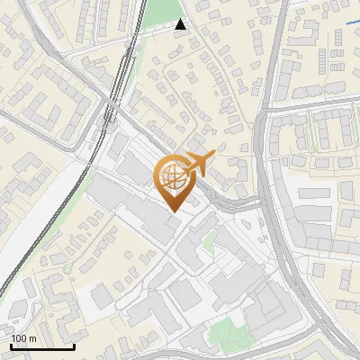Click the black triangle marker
coord(181,24)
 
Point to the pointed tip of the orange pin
coord(172,212)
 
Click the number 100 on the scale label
coord(20,339)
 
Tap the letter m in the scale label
coord(33,339)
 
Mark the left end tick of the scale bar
coord(10,346)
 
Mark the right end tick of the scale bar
coord(75,346)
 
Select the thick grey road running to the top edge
coord(270,54)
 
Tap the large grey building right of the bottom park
coord(265,310)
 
